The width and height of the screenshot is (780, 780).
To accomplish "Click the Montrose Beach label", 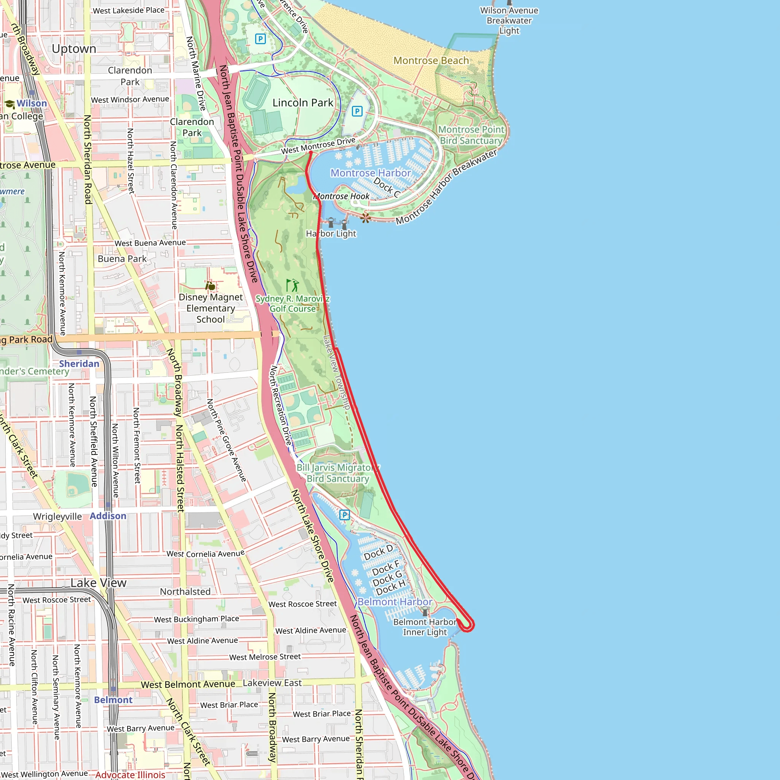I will click(431, 61).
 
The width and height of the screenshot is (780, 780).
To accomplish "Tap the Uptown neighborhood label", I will click(74, 49).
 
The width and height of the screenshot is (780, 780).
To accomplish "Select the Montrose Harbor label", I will click(370, 173).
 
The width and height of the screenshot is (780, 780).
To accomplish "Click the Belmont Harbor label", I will click(395, 601).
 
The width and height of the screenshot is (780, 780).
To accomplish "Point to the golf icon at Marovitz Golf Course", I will click(292, 285).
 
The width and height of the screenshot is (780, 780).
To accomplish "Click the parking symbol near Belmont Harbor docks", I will click(344, 515).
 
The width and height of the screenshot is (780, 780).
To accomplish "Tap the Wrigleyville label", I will click(58, 516).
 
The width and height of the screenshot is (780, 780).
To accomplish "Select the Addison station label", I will click(108, 516).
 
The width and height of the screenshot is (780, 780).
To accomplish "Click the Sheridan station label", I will click(79, 363).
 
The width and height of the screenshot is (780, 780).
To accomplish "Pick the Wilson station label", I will click(32, 103).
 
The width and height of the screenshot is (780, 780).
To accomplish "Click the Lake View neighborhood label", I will click(99, 583).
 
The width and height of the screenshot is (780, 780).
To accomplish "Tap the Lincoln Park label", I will click(303, 102).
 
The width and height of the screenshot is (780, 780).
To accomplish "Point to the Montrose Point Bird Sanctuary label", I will click(471, 135).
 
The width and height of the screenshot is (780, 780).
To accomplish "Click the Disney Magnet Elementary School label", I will click(210, 308).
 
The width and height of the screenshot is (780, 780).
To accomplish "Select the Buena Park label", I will click(122, 258).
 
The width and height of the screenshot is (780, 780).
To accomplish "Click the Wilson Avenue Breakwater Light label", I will click(509, 21).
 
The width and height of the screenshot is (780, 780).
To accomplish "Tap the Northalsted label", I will click(185, 591).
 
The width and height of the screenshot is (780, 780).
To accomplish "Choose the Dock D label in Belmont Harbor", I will click(378, 552).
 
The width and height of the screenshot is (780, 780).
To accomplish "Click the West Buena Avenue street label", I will click(150, 243).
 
